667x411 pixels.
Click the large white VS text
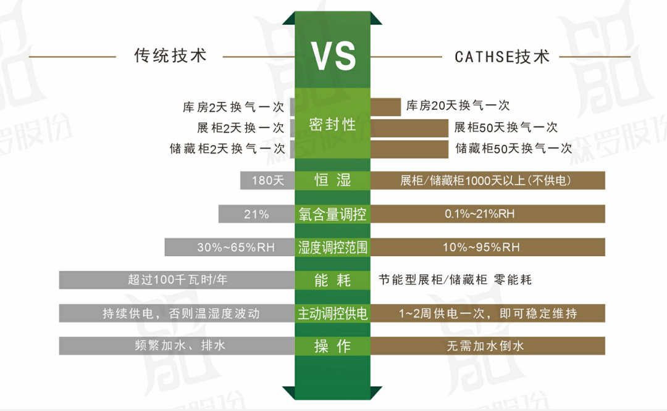[333, 56]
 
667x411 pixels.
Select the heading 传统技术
[170, 56]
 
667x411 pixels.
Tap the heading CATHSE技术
[501, 57]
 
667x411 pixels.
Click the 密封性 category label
[333, 124]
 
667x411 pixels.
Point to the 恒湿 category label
[333, 180]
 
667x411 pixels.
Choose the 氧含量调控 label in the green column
[333, 214]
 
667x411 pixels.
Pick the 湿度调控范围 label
[333, 247]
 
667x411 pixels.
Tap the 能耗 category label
[333, 280]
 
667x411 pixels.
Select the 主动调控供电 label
[333, 313]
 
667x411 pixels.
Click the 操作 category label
[333, 346]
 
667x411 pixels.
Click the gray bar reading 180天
[267, 180]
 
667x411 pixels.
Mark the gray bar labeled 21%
[256, 214]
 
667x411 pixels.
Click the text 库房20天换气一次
[458, 106]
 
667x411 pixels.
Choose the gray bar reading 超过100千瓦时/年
[177, 280]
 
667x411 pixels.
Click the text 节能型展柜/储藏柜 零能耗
[455, 280]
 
